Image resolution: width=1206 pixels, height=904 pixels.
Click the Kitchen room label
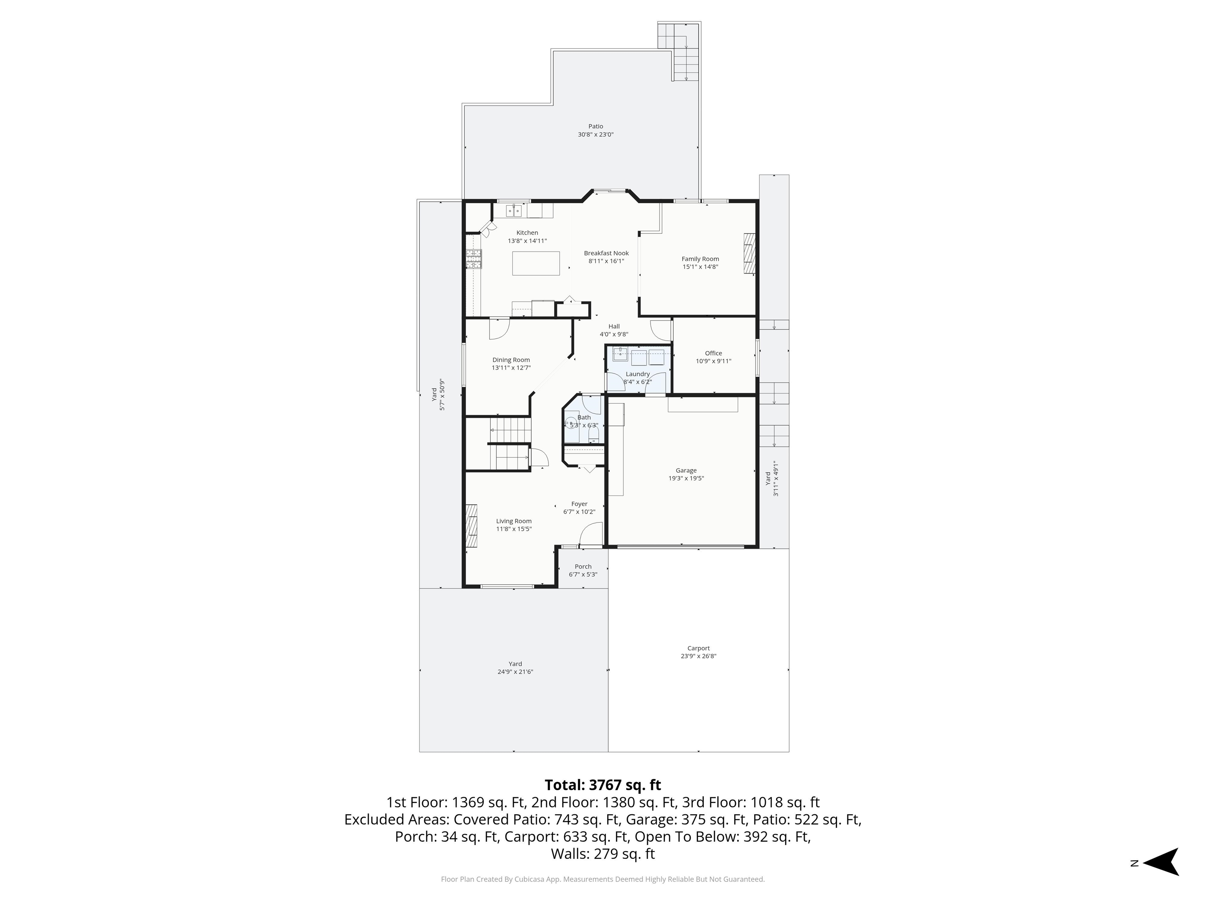point(527,233)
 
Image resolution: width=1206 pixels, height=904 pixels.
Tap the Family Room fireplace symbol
point(750,253)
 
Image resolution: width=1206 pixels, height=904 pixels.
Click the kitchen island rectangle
point(536,263)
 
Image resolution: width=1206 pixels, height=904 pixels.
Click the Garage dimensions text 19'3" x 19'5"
point(686,478)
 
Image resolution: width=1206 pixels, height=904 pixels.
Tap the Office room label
point(713,353)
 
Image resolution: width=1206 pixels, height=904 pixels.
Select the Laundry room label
point(637,374)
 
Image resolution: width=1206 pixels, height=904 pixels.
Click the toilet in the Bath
point(594,433)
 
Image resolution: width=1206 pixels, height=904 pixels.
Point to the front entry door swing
point(591,534)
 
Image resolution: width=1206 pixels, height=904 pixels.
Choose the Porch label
point(583,567)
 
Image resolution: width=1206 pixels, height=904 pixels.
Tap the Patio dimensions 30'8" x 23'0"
point(596,135)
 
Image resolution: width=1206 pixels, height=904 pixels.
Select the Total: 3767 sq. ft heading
point(603,785)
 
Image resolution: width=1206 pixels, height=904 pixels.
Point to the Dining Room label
point(511,360)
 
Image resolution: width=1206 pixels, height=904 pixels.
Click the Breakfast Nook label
point(606,253)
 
